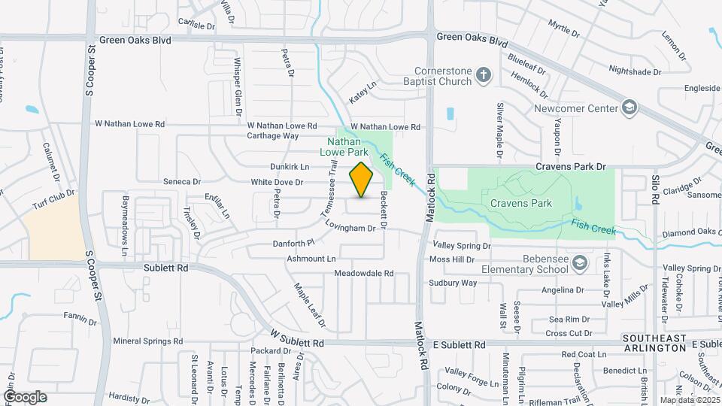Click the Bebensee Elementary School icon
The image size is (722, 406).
coord(579,263)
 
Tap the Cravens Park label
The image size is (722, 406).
coord(520,203)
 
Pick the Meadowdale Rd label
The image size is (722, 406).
coord(364,273)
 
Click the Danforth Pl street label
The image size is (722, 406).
coord(293,243)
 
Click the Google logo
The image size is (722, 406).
coord(25,397)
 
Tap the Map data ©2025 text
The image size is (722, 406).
coord(690,400)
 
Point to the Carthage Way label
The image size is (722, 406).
coord(273,136)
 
